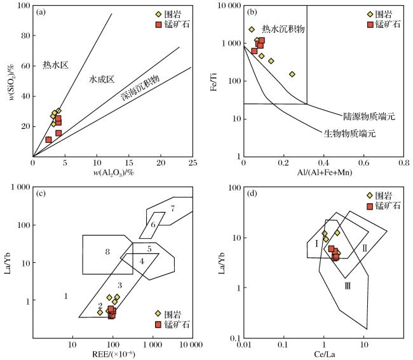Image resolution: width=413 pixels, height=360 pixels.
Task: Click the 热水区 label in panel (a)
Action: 55,65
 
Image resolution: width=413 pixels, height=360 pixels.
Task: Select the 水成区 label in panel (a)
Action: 102,79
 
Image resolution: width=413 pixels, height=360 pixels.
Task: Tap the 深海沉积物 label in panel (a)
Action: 140,88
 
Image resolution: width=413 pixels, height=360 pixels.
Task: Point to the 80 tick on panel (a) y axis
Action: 25,36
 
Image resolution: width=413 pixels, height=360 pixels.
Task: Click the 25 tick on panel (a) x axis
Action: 193,163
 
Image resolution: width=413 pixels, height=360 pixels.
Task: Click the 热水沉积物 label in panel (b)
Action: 283,29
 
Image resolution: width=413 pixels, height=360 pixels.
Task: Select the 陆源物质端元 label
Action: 369,116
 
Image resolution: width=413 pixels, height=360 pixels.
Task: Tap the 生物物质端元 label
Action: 349,134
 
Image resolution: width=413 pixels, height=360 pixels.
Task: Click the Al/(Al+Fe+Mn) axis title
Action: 325,173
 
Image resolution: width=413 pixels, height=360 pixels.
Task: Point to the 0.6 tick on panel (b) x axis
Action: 363,163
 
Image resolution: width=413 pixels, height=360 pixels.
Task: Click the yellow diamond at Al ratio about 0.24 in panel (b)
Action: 292,74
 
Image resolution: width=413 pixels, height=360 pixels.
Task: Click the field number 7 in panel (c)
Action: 173,209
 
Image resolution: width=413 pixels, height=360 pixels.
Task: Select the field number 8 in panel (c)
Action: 107,252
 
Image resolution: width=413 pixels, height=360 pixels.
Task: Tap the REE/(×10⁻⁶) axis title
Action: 114,354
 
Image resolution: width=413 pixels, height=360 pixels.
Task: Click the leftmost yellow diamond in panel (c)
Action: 100,312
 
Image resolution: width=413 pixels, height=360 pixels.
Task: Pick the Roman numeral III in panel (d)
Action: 348,286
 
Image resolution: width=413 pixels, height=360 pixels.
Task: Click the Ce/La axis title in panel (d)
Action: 325,354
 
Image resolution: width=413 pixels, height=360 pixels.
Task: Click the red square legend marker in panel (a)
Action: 158,25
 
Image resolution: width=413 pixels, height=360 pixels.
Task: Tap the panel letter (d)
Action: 252,194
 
